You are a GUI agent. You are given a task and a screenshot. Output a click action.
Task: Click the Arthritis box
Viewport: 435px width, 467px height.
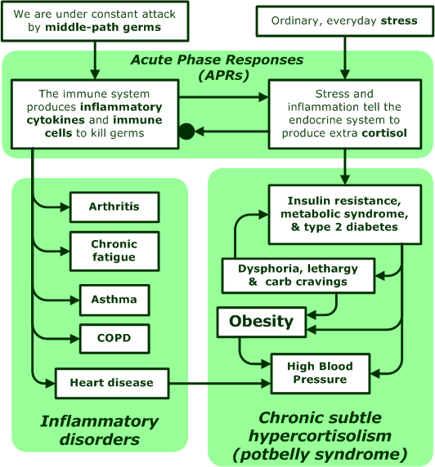click(114, 207)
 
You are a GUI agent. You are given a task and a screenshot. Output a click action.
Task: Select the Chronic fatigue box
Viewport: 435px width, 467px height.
click(114, 251)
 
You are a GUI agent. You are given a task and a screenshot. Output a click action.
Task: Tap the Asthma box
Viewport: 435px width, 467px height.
click(114, 300)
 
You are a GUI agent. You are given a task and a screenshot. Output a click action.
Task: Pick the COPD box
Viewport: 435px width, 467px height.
click(114, 339)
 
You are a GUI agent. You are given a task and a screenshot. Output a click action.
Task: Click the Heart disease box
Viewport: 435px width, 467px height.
click(112, 383)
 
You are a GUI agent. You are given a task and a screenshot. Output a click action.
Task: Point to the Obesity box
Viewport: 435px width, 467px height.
click(262, 322)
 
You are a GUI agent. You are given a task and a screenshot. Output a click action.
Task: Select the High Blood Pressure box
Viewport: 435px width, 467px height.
click(321, 373)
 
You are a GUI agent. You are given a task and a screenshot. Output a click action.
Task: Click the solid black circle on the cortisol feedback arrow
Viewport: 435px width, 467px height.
click(186, 131)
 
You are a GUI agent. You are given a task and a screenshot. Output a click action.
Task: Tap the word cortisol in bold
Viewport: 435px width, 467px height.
click(384, 133)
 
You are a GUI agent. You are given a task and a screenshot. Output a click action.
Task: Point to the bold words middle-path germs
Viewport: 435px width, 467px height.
click(103, 28)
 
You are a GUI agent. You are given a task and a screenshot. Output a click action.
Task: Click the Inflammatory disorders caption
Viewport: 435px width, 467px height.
click(100, 430)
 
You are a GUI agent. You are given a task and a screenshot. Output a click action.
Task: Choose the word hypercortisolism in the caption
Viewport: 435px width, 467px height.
click(321, 436)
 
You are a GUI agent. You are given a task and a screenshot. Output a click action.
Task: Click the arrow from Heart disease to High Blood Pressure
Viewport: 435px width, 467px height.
click(220, 383)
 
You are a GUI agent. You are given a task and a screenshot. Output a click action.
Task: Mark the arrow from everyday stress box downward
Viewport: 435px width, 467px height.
click(345, 58)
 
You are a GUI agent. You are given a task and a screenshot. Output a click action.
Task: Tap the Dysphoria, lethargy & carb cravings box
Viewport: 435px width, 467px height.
click(298, 275)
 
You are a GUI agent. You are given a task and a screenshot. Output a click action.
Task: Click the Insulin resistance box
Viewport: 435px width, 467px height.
click(345, 215)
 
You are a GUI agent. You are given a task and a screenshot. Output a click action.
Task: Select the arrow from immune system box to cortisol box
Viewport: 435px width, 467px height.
click(223, 97)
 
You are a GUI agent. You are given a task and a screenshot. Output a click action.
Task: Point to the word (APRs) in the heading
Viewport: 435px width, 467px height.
click(223, 75)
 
